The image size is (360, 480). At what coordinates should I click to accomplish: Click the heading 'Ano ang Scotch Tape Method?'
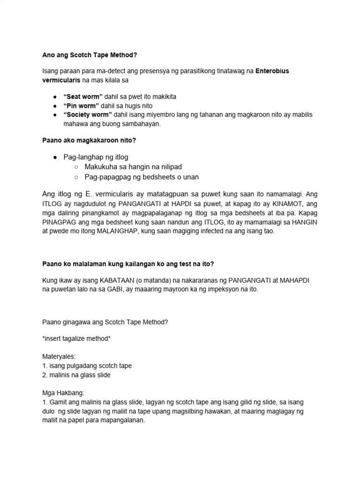coord(90,55)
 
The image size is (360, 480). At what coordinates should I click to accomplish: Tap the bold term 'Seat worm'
coord(83,96)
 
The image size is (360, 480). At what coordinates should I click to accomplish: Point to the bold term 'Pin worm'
coord(82,105)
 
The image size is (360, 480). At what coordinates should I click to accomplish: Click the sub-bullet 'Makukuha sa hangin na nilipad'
coord(133,167)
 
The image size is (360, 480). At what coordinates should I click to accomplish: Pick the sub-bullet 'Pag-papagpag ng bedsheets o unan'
coord(142,177)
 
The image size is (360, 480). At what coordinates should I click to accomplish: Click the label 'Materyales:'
coord(59,356)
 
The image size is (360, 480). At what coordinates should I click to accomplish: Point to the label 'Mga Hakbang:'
coord(61,393)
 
